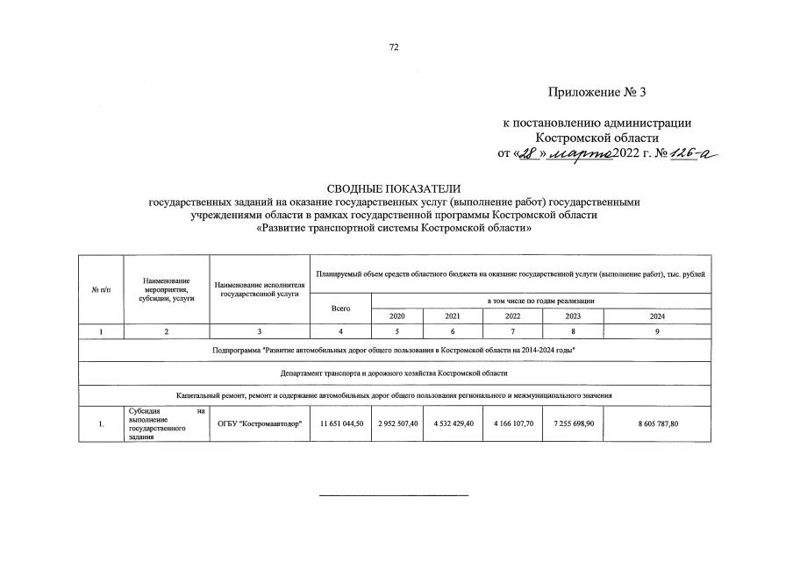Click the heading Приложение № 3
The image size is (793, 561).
(602, 92)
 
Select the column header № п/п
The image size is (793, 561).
(102, 289)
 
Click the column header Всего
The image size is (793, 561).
(340, 308)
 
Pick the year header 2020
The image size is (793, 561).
(396, 316)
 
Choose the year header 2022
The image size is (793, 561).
(513, 316)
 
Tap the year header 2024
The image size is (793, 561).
(658, 316)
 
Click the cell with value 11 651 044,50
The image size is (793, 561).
(340, 424)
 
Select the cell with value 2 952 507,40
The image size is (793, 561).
(396, 424)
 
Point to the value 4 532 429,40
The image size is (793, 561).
(454, 424)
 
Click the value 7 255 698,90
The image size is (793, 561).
(573, 424)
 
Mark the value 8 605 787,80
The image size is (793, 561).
(658, 424)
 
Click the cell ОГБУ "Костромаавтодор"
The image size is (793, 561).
(260, 424)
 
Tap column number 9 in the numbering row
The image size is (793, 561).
(658, 332)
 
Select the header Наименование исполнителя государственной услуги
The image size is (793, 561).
(260, 289)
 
